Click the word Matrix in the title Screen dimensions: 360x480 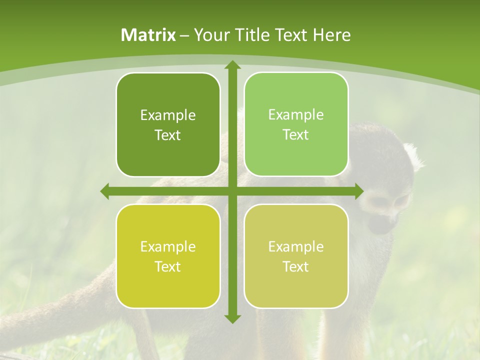148,35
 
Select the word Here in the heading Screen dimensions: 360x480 332,35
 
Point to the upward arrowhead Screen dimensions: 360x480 232,65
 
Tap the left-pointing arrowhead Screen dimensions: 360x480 105,191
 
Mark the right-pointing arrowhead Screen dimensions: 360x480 358,191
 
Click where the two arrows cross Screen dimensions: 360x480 232,191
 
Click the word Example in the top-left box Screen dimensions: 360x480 168,115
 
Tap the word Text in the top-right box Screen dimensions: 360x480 296,135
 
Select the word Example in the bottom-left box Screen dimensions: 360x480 168,247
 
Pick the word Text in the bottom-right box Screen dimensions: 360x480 296,266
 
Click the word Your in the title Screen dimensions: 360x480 210,35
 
